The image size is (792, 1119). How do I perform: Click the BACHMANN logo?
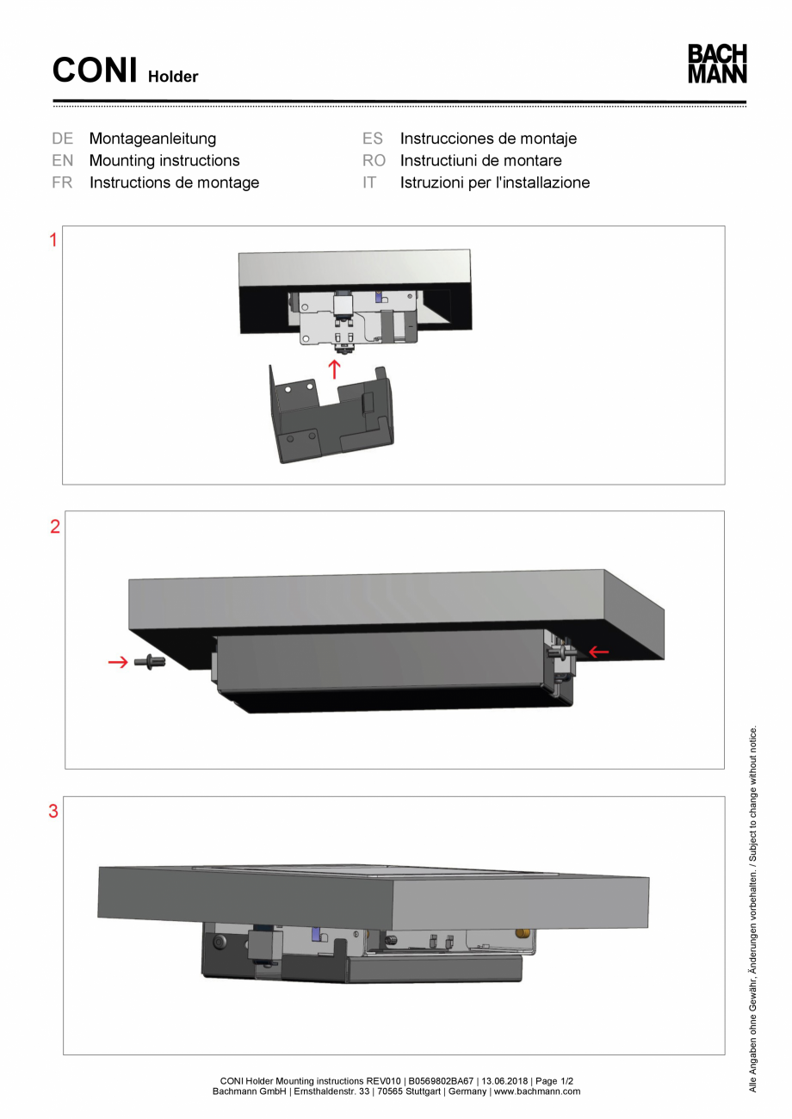717,64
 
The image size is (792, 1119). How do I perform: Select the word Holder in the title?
172,77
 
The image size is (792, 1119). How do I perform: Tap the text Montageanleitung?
152,139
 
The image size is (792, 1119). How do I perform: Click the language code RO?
374,161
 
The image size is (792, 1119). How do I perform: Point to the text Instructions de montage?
174,182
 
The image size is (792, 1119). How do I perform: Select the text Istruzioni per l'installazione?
494,182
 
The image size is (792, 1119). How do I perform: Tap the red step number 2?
55,528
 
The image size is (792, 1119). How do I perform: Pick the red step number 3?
53,812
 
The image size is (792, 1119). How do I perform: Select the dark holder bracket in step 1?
331,413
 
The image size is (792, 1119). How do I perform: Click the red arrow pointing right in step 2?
117,662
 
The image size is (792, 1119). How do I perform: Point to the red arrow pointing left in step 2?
598,652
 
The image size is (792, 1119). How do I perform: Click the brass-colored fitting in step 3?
522,934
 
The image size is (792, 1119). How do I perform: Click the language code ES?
373,139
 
